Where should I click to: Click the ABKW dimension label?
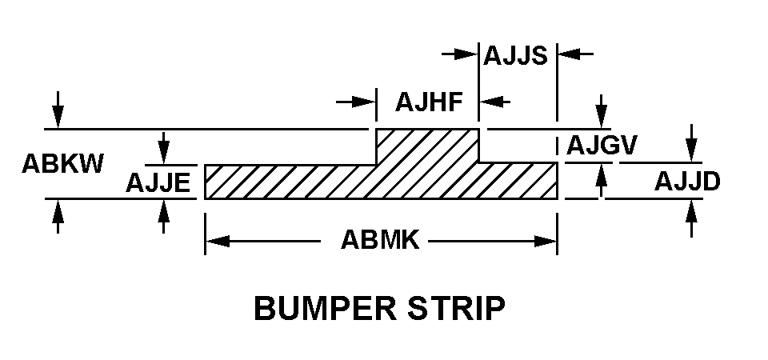(62, 164)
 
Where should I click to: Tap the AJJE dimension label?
(158, 184)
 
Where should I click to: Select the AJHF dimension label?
(430, 102)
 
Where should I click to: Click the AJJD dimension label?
(687, 182)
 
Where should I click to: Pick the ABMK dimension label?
(380, 240)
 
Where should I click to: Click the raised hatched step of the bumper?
(427, 146)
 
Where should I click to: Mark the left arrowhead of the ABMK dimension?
(216, 240)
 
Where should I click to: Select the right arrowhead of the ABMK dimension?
(546, 240)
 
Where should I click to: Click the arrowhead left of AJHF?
(366, 102)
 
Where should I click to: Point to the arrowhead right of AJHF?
(490, 102)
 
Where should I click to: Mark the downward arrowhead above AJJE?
(163, 153)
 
